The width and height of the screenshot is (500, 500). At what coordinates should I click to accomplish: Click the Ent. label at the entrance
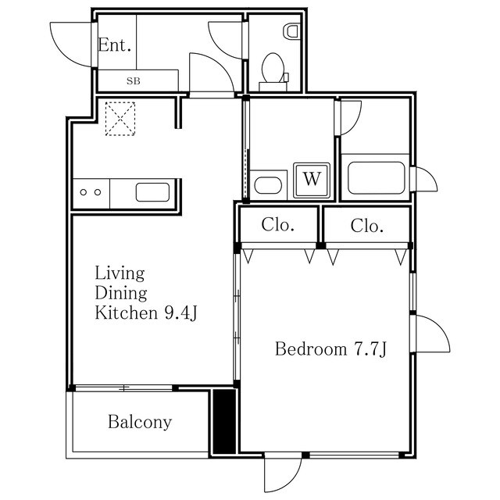pos(114,45)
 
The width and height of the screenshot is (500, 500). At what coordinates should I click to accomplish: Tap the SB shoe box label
pos(134,80)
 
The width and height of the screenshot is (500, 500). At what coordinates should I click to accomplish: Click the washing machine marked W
pos(312,179)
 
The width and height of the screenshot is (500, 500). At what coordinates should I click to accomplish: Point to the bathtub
pos(376,178)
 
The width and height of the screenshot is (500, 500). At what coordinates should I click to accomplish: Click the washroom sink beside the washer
pos(268,186)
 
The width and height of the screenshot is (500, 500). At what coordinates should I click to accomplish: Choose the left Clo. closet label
pos(277,226)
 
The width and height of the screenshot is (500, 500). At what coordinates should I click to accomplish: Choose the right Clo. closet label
pos(366,226)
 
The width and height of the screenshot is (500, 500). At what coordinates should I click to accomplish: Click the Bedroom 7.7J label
pos(330,349)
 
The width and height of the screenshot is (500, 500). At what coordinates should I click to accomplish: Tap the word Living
pos(120,273)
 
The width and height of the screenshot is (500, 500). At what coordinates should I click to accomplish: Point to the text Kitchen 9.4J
pos(145,314)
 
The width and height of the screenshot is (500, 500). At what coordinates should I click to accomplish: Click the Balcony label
pos(139,423)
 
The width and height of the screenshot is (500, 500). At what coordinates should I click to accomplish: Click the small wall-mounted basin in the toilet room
pos(292,31)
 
